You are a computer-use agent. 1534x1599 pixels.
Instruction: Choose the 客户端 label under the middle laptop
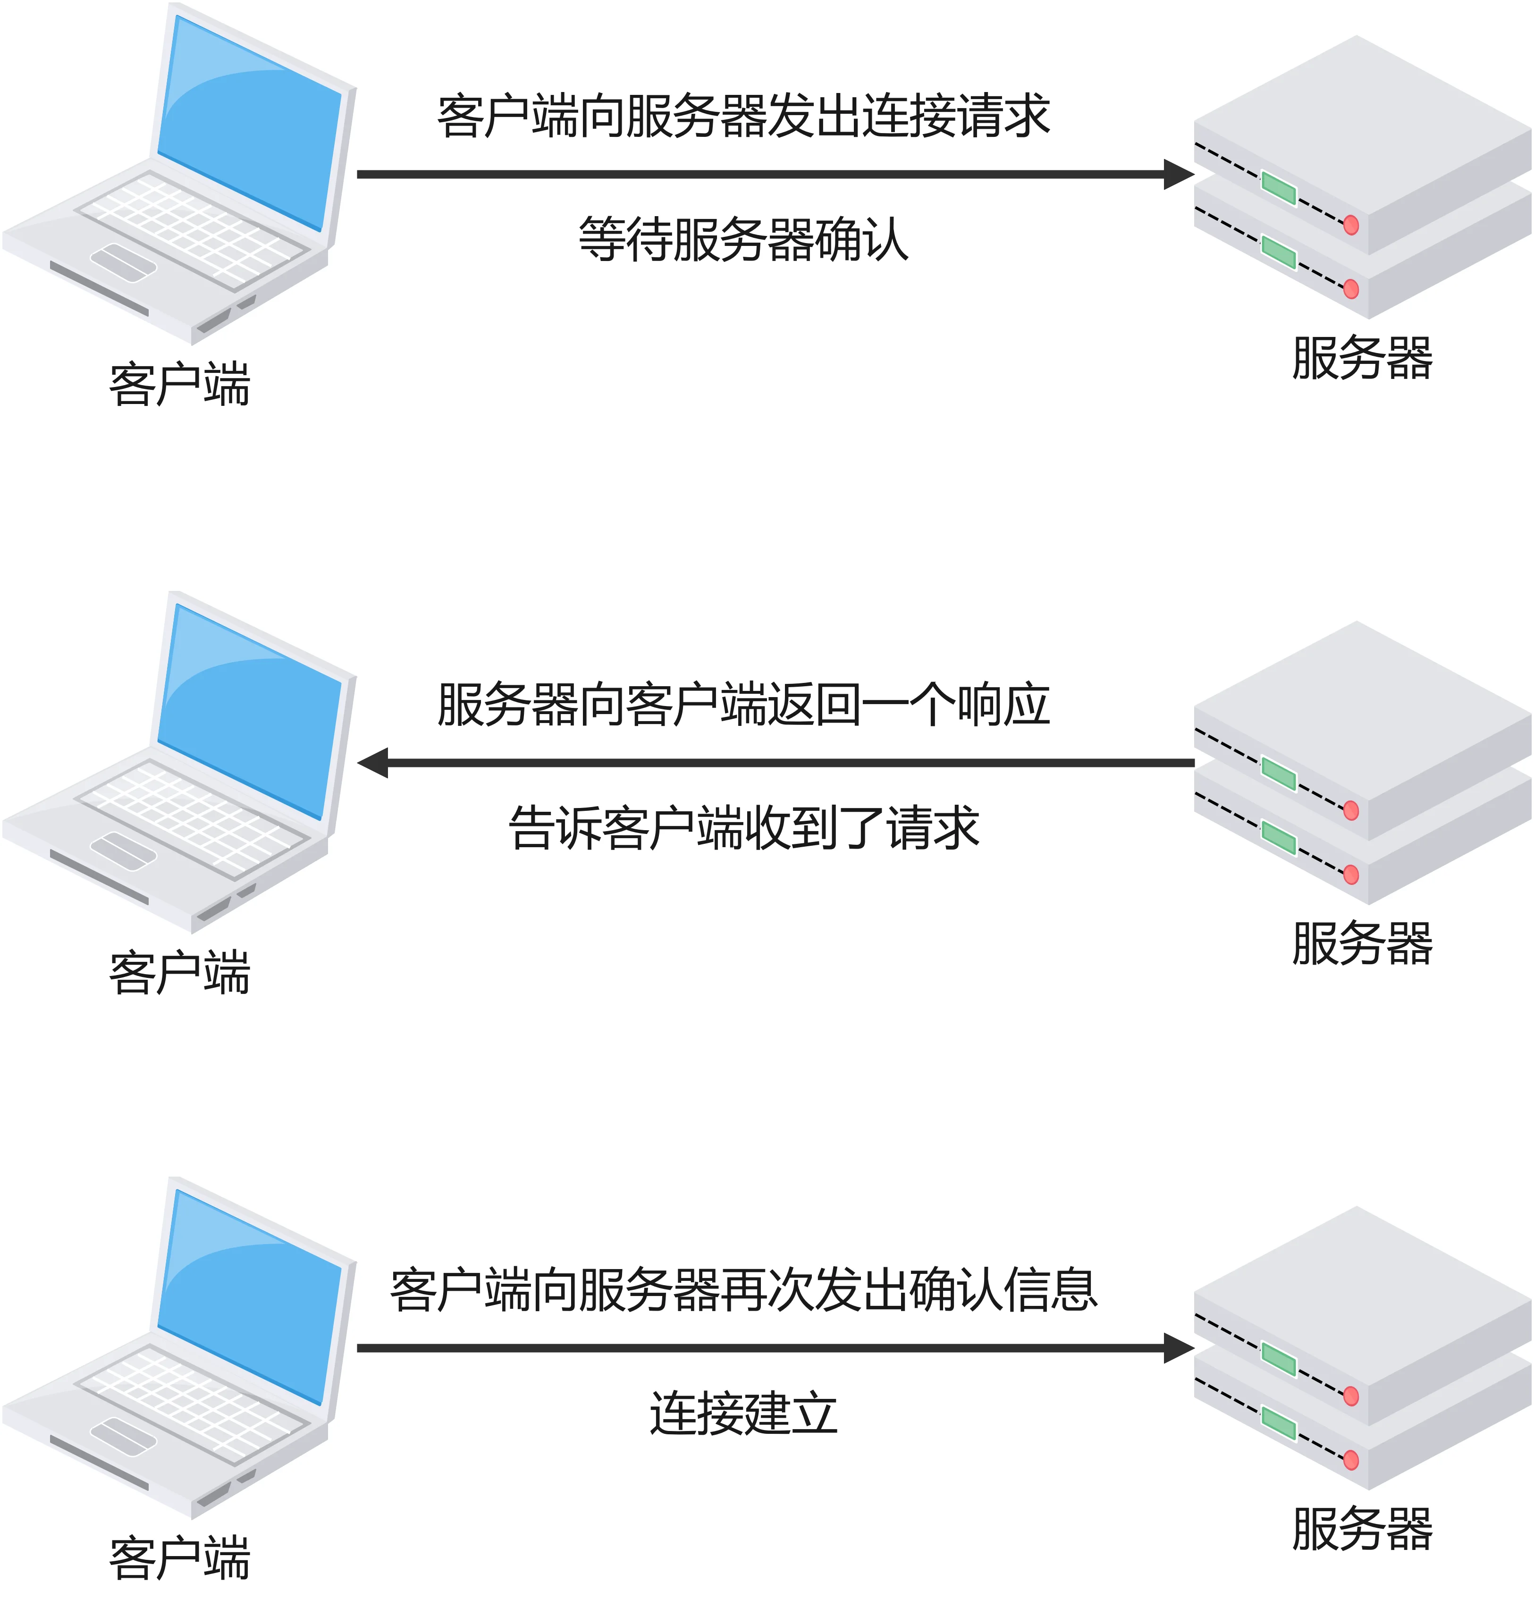179,972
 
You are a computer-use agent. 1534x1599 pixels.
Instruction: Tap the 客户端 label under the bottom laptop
179,1558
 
